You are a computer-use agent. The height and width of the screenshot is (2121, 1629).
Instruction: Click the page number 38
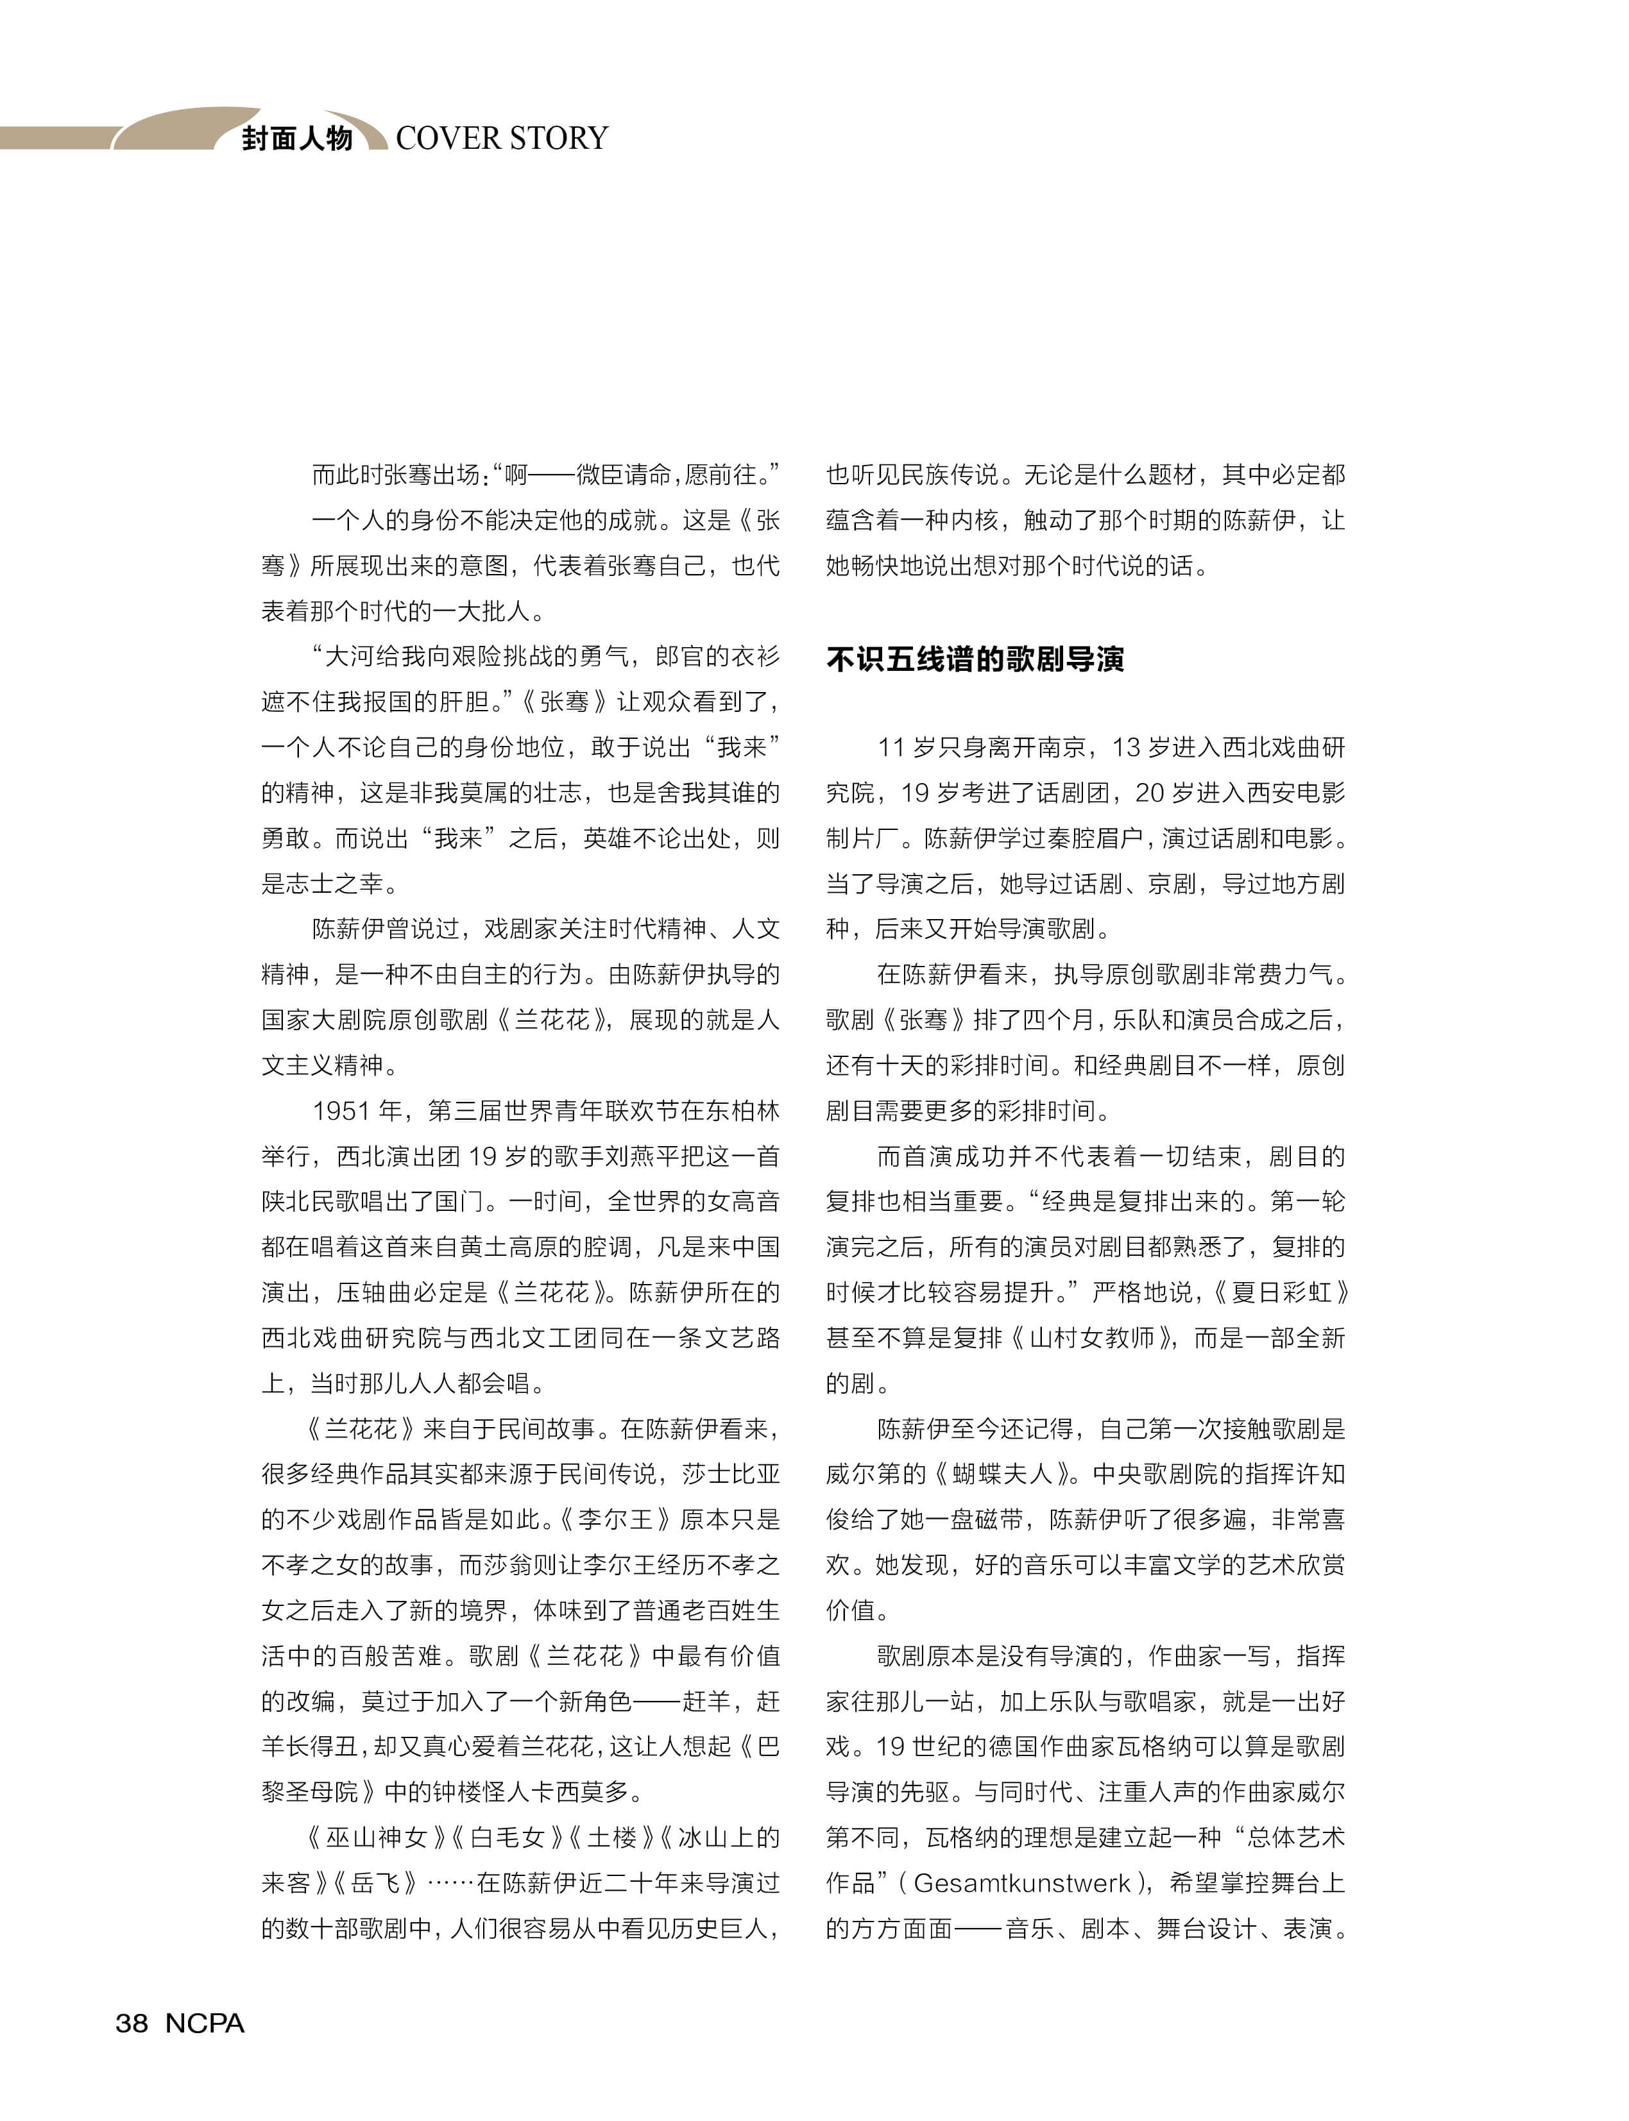pos(132,2023)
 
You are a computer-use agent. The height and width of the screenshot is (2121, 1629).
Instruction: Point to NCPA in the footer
pos(205,2023)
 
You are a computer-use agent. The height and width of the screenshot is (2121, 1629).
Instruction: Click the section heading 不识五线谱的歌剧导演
pos(975,660)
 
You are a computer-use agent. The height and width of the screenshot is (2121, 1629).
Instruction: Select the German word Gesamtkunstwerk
pos(1022,1882)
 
